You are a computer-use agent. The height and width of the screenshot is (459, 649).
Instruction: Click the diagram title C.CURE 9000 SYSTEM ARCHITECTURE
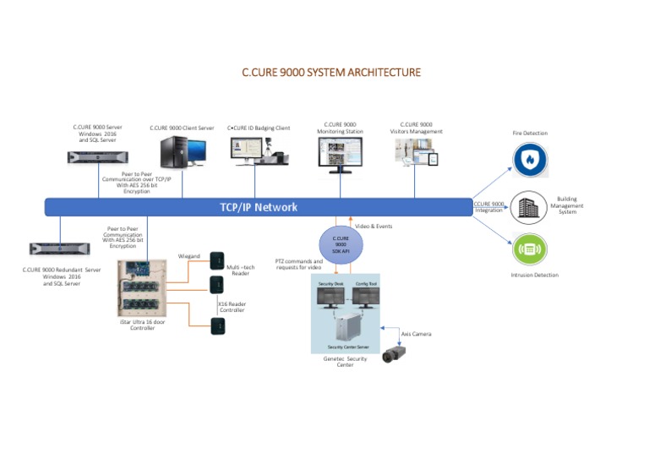click(x=330, y=73)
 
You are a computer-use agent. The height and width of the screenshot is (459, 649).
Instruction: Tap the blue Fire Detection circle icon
click(x=530, y=160)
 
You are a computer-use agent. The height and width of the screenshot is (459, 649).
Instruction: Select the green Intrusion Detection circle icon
click(x=530, y=249)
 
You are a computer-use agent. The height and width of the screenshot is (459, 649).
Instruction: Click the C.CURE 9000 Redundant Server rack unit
click(x=59, y=249)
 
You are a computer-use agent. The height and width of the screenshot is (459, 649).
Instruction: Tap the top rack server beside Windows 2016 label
click(x=97, y=156)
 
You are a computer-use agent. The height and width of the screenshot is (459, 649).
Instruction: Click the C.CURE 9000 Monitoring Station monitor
click(x=341, y=156)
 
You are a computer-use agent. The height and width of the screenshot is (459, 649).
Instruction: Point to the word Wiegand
click(x=188, y=255)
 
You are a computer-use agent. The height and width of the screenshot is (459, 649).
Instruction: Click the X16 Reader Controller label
click(x=232, y=306)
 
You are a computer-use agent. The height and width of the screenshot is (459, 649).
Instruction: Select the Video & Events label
click(x=374, y=226)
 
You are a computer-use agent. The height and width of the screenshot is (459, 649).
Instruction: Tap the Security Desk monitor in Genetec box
click(x=331, y=298)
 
